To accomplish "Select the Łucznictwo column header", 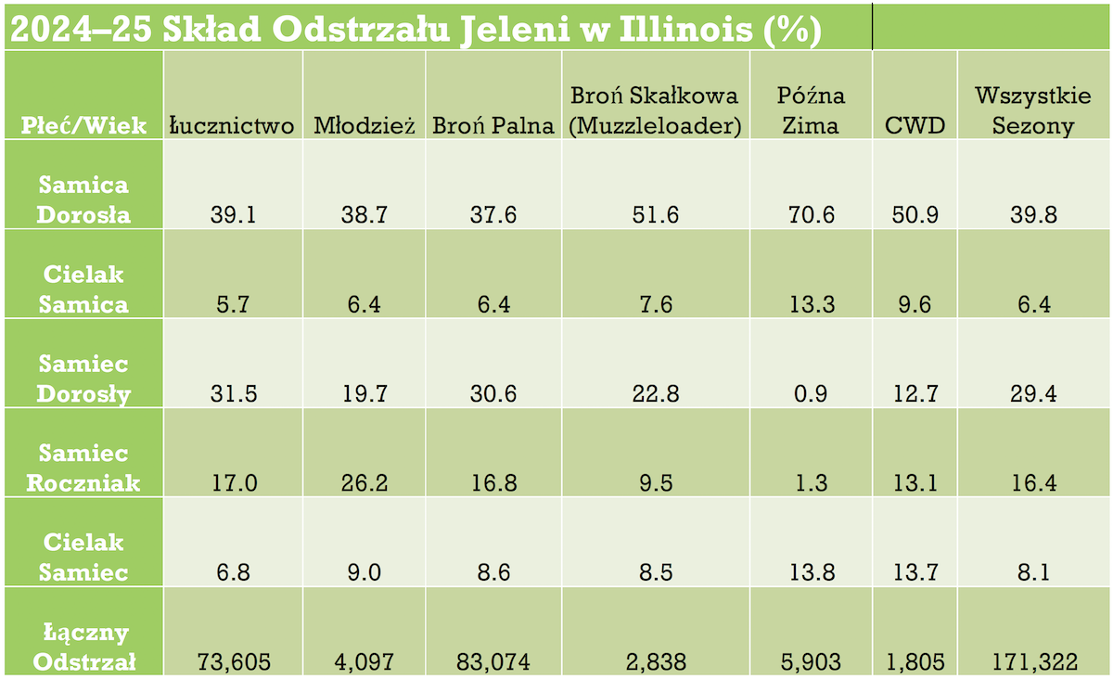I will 232,125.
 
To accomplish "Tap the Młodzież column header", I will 364,125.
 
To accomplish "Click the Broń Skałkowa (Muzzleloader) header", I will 655,110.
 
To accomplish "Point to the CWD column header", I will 914,125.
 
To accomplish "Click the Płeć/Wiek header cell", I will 84,125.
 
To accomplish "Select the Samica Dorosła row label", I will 83,199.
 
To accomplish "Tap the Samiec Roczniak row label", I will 83,468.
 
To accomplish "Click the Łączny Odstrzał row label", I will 83,647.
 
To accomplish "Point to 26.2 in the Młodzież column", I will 363,483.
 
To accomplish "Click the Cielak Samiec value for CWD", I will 914,572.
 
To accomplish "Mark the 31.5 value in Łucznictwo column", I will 232,394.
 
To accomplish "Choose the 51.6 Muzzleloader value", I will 654,215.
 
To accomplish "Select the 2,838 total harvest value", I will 654,661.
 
